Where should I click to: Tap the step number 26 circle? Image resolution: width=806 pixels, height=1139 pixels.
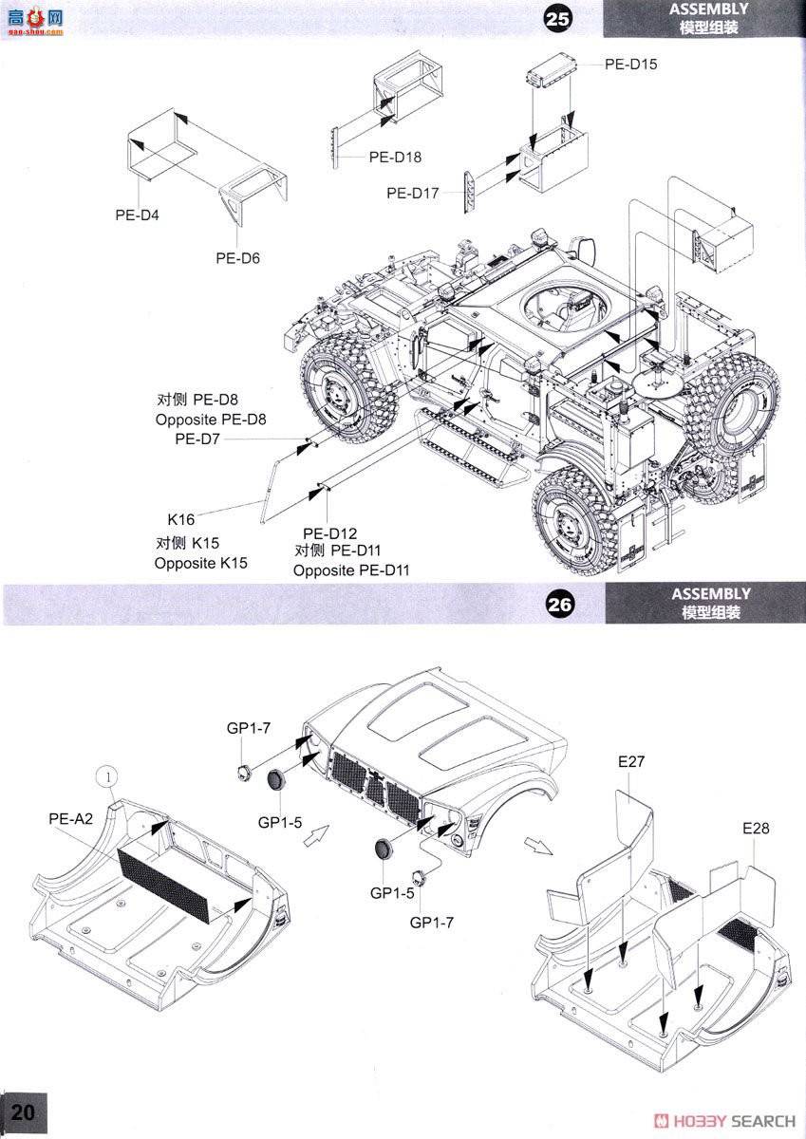click(x=560, y=605)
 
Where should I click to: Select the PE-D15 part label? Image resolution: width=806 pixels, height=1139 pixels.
click(x=630, y=65)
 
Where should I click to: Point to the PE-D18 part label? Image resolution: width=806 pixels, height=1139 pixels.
click(x=395, y=158)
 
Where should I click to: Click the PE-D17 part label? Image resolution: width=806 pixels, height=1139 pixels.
click(x=413, y=193)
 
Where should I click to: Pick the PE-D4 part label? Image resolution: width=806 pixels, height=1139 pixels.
click(x=138, y=215)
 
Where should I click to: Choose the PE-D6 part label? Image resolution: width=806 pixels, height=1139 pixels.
click(x=237, y=258)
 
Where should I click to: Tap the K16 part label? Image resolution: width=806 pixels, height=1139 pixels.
click(x=180, y=520)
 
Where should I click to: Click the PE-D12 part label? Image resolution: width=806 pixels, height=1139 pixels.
click(x=328, y=533)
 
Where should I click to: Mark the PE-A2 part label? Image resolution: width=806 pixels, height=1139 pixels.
click(x=71, y=819)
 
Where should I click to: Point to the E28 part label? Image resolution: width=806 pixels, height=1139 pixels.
click(x=756, y=828)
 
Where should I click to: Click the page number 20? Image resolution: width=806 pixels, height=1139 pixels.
click(x=24, y=1112)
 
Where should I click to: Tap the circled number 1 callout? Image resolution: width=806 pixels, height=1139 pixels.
click(x=109, y=776)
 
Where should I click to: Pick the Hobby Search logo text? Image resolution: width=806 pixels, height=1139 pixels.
click(x=725, y=1121)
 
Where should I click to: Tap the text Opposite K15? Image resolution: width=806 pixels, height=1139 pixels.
click(x=200, y=563)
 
